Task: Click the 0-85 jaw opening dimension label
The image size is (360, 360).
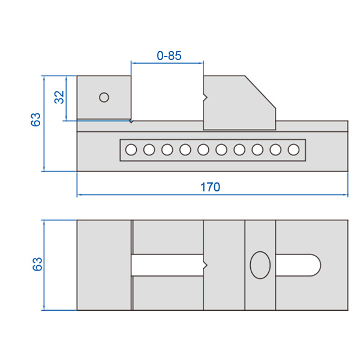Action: pyautogui.click(x=169, y=56)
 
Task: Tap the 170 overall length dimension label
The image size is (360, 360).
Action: pyautogui.click(x=210, y=187)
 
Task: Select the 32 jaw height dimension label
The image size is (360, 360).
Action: pyautogui.click(x=59, y=97)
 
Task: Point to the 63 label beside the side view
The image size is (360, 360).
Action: pyautogui.click(x=35, y=119)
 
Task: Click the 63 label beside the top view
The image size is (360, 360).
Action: pyautogui.click(x=37, y=264)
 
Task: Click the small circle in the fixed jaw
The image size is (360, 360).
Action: pyautogui.click(x=104, y=97)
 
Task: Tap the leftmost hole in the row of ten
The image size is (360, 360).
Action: pyautogui.click(x=131, y=149)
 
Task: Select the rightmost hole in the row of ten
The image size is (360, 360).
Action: pyautogui.click(x=293, y=149)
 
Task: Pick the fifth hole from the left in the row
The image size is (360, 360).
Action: pyautogui.click(x=203, y=149)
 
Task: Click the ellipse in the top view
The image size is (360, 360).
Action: pyautogui.click(x=260, y=265)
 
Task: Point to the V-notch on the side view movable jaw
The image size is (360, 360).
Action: pyautogui.click(x=205, y=98)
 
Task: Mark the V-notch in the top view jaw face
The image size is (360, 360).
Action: pyautogui.click(x=205, y=265)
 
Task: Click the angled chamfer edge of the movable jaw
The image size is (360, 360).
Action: pyautogui.click(x=260, y=92)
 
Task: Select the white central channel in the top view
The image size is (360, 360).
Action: pyautogui.click(x=167, y=265)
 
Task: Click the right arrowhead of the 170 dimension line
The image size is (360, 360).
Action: pyautogui.click(x=346, y=195)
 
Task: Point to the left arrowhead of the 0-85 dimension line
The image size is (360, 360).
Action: pyautogui.click(x=134, y=62)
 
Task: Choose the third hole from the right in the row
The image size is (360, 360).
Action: pyautogui.click(x=257, y=149)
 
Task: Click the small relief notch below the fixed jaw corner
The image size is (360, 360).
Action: pyautogui.click(x=131, y=121)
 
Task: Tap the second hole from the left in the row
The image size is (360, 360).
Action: pyautogui.click(x=149, y=149)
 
